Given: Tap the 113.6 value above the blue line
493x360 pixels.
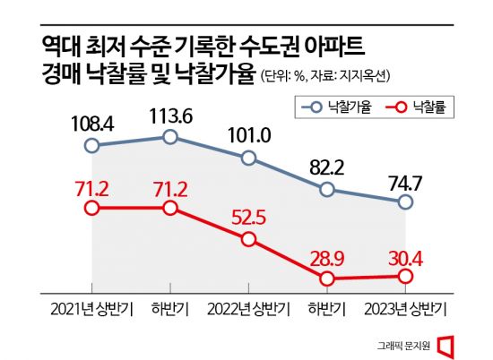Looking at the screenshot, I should (x=169, y=111).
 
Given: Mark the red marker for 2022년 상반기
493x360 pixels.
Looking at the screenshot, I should (x=248, y=240).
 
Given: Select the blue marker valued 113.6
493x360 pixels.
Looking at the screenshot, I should (x=169, y=136).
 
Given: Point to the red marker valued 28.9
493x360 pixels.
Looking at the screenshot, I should (x=327, y=279).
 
